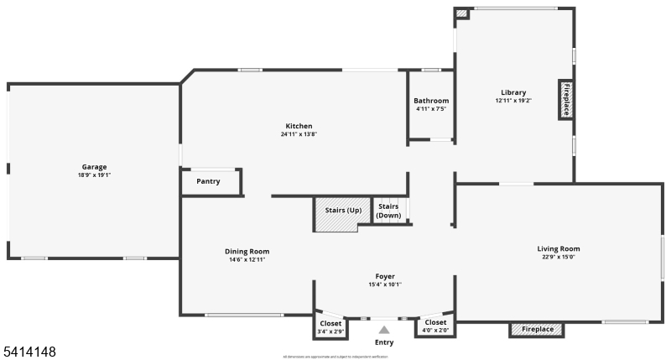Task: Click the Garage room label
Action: (x=94, y=167)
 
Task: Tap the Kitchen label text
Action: (x=299, y=127)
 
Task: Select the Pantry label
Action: (x=208, y=181)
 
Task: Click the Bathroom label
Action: (x=432, y=101)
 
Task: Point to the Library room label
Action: (x=513, y=92)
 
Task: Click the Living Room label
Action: (x=559, y=248)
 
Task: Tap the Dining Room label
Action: (x=247, y=251)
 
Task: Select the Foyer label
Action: (x=385, y=276)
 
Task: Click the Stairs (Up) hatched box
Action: (x=338, y=215)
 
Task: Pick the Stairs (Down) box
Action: (x=388, y=211)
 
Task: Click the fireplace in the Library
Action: (x=566, y=100)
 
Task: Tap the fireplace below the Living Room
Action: (x=538, y=330)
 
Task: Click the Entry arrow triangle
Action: (x=384, y=330)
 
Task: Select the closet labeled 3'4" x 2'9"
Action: (x=330, y=327)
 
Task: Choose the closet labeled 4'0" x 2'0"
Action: (x=435, y=326)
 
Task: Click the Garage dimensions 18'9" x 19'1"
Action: (x=94, y=175)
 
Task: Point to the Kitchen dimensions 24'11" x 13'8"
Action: (x=299, y=134)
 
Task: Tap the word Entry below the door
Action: (x=384, y=342)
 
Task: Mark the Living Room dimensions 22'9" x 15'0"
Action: (x=559, y=257)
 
